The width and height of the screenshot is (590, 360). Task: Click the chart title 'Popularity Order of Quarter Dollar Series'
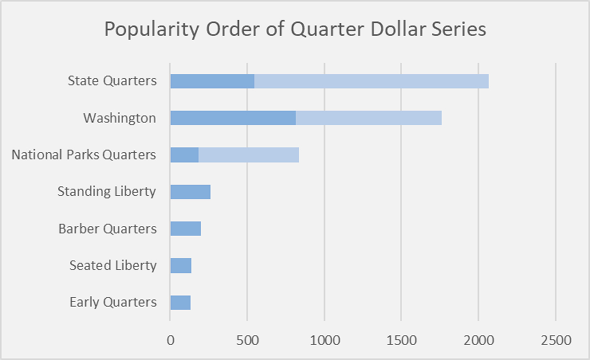click(295, 29)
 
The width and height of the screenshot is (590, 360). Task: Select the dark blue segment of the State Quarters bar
click(212, 81)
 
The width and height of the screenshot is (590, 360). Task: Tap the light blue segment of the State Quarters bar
click(371, 81)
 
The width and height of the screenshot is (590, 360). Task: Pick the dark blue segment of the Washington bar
click(233, 118)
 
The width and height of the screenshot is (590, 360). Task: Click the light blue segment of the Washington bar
click(368, 118)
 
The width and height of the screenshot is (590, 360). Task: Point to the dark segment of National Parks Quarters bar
click(184, 155)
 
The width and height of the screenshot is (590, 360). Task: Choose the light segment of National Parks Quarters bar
click(249, 155)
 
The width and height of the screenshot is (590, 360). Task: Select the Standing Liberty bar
click(190, 192)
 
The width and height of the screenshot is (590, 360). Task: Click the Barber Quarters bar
click(186, 229)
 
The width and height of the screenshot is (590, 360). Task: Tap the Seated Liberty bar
click(181, 265)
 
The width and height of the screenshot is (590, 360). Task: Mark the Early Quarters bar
click(180, 302)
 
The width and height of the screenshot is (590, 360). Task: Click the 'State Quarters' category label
click(112, 81)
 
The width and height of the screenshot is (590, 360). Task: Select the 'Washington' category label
click(119, 118)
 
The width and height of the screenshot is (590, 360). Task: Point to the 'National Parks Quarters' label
click(84, 155)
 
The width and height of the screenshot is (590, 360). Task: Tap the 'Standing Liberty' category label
click(107, 191)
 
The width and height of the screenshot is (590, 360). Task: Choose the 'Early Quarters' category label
click(113, 302)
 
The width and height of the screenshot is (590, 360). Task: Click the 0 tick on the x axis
click(170, 340)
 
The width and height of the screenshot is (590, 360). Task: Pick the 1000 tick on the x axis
click(324, 340)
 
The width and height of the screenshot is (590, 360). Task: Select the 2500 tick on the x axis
click(556, 340)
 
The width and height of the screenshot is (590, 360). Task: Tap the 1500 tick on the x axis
click(402, 340)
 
